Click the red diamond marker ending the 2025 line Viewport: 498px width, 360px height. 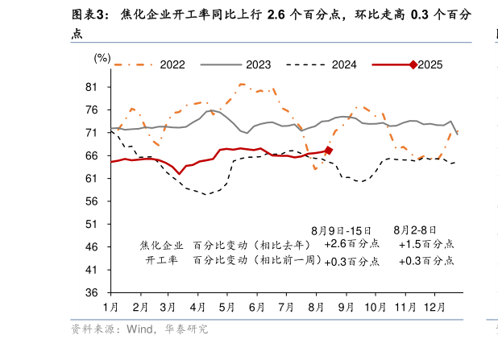tap(328, 151)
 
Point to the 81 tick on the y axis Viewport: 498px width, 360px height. tap(91, 87)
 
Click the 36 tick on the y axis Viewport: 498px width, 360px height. tap(91, 293)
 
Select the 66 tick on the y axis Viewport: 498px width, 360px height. tap(91, 155)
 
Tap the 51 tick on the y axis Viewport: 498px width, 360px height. tap(91, 225)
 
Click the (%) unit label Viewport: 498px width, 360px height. tap(102, 57)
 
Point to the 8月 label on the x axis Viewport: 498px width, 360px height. tap(316, 308)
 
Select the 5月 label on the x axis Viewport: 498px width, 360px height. tap(227, 308)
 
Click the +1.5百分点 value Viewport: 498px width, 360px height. tap(426, 244)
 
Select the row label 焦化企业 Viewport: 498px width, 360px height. tap(161, 244)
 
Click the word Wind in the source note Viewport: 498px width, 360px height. tap(142, 329)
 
